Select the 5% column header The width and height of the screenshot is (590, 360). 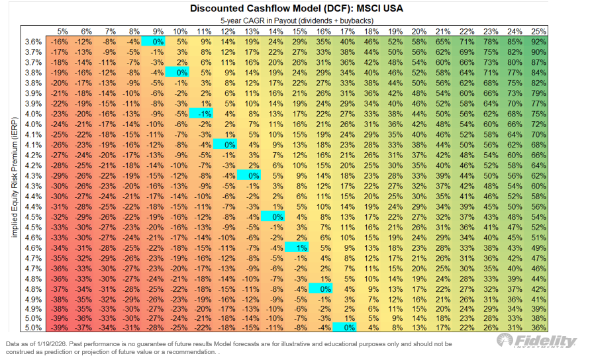(x=62, y=31)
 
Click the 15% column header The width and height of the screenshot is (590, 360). (x=299, y=31)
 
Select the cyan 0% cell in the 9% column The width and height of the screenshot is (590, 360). (x=157, y=41)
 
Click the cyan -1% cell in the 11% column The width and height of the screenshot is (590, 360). (x=204, y=113)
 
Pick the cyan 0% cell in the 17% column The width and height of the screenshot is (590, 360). (x=346, y=327)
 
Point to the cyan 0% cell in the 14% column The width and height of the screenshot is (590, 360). (x=275, y=216)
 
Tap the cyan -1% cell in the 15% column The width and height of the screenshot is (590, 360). (x=299, y=247)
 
